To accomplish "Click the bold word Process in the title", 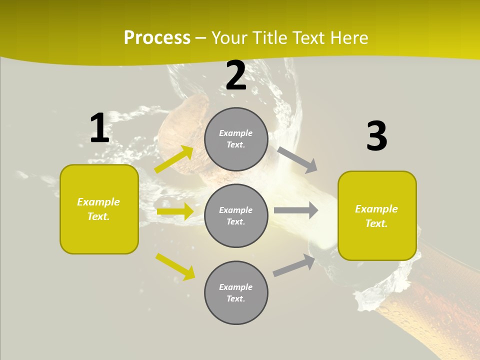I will pos(157,38).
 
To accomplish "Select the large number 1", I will pos(99,128).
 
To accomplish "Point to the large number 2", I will pos(236,75).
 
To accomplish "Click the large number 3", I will pos(376,136).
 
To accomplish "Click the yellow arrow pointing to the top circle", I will pos(174,159).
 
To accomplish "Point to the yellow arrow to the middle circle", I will pos(175,211).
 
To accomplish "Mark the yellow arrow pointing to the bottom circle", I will pos(175,266).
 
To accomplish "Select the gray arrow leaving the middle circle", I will pos(296,210).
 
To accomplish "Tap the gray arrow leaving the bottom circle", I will pos(294,265).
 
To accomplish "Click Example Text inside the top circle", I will pos(236,139).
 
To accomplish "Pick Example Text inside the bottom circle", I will pos(236,293).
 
